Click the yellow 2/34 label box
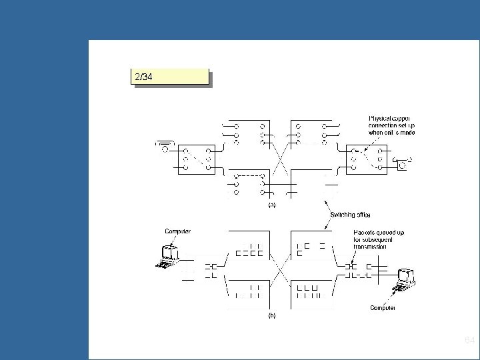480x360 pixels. click(x=170, y=77)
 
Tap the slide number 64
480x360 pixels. click(x=469, y=341)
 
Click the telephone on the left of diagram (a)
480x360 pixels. click(x=165, y=147)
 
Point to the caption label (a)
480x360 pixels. click(x=271, y=205)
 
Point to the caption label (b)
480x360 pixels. click(x=271, y=316)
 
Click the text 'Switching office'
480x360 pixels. click(x=351, y=215)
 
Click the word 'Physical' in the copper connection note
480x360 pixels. click(x=380, y=119)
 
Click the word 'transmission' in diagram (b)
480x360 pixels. click(x=371, y=246)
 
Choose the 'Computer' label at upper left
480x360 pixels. click(x=178, y=231)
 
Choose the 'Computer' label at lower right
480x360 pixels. click(x=383, y=307)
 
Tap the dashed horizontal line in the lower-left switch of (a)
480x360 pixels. click(x=249, y=176)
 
